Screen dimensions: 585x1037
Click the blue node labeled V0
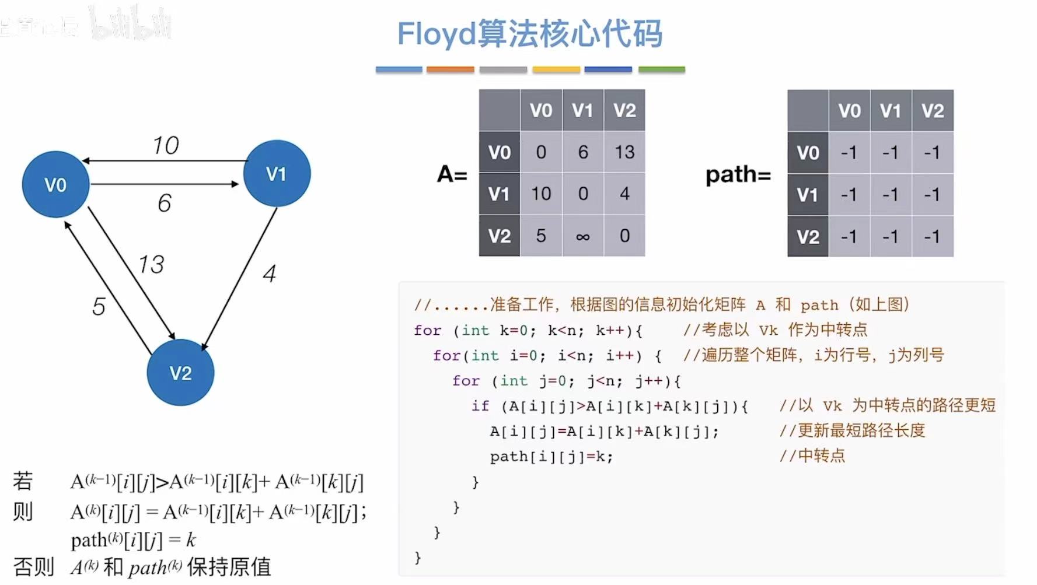pos(55,185)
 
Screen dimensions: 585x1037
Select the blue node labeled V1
pos(277,173)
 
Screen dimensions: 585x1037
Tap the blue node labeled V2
pos(180,373)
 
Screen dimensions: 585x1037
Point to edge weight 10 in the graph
pos(166,145)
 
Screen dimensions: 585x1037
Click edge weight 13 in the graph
pos(151,264)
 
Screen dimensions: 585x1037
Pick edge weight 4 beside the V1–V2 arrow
pos(269,274)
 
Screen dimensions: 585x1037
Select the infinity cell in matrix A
pos(582,236)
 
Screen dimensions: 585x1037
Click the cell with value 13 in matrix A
pos(624,152)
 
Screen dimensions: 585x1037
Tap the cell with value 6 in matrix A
pos(582,152)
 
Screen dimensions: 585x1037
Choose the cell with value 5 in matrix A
pos(541,236)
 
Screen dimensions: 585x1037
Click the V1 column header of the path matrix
pos(891,111)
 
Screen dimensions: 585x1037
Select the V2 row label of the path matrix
pos(808,237)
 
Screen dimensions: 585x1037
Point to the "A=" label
pos(452,174)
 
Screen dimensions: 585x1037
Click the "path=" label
pos(738,174)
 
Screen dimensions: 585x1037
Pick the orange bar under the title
pos(450,69)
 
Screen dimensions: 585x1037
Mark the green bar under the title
pos(661,69)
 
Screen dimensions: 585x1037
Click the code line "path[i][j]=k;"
pos(551,456)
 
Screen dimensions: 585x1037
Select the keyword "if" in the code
pos(480,405)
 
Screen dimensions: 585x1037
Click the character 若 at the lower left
pos(23,481)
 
